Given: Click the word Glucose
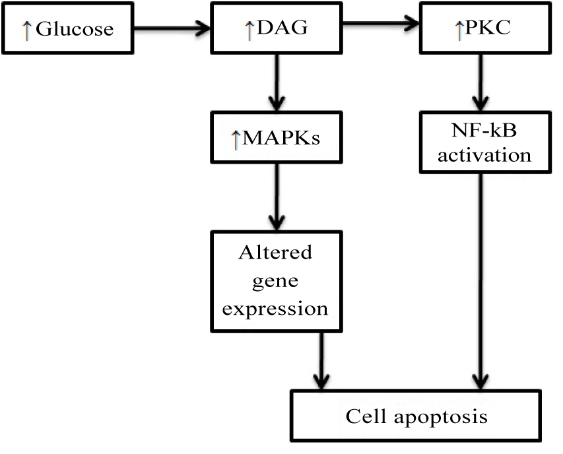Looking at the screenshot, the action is click(75, 29).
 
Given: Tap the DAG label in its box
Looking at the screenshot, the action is click(282, 27).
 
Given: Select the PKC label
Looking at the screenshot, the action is click(488, 27).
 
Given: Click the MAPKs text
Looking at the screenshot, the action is click(281, 137).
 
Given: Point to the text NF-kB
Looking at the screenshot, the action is click(484, 130).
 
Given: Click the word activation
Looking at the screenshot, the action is click(484, 155).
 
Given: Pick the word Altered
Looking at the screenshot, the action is click(275, 252).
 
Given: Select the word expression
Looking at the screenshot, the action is click(275, 309).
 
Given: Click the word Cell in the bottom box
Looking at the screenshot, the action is click(366, 416).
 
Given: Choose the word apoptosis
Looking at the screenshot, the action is click(441, 418).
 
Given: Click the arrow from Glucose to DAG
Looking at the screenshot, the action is click(172, 28).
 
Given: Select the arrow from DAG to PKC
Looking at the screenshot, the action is click(381, 23).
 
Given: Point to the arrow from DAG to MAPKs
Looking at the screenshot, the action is click(277, 82).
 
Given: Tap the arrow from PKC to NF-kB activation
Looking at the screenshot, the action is click(480, 82).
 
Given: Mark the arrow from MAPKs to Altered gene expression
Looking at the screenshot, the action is click(277, 197).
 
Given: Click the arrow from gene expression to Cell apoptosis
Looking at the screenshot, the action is click(321, 361).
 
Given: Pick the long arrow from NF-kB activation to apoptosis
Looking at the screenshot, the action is click(480, 282).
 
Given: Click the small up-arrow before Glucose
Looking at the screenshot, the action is click(27, 30).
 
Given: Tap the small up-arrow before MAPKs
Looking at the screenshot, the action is click(236, 140).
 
